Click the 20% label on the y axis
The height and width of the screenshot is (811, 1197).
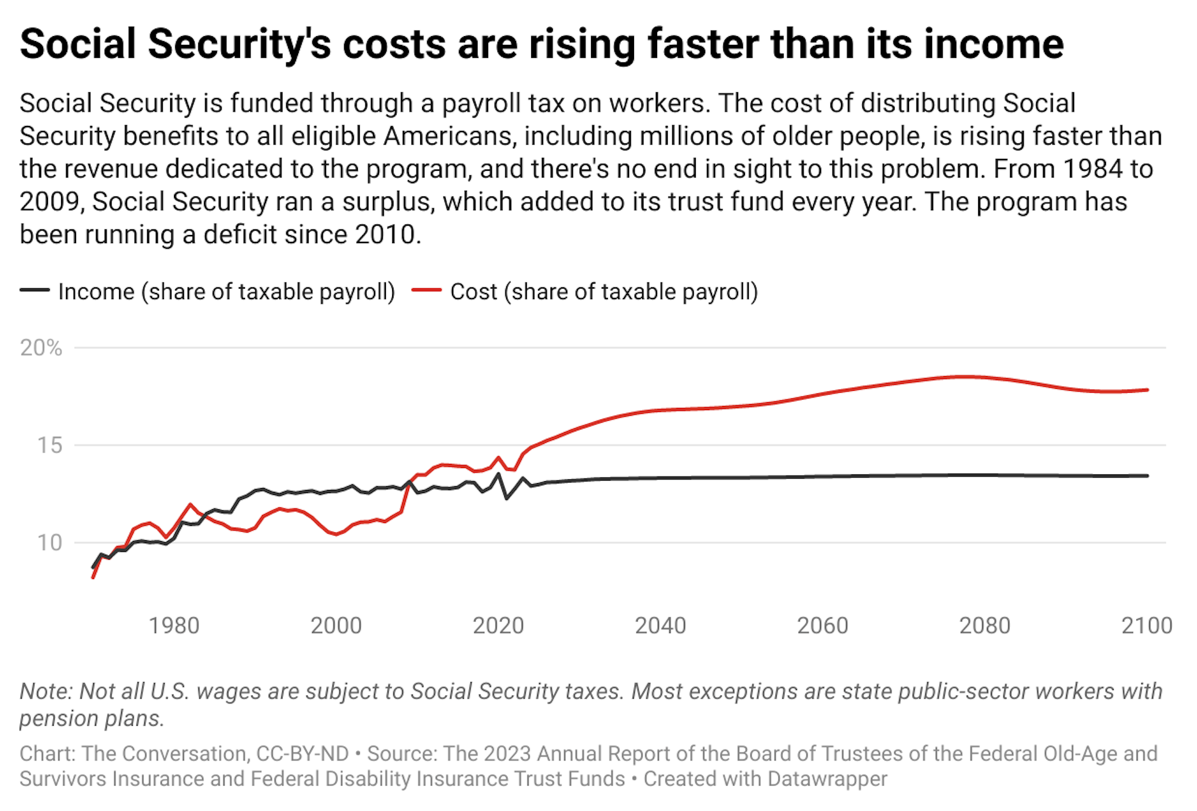(x=41, y=348)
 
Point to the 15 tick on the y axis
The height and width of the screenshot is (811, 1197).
(x=50, y=445)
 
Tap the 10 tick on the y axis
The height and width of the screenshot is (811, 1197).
(x=50, y=542)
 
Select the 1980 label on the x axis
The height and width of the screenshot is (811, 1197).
(x=174, y=625)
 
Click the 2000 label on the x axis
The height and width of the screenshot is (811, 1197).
(x=336, y=625)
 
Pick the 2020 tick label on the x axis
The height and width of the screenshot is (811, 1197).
(x=498, y=625)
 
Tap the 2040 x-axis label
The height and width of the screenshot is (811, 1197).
(x=660, y=625)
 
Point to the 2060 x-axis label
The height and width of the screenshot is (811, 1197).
(x=822, y=625)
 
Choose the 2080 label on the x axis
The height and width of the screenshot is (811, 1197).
(x=984, y=625)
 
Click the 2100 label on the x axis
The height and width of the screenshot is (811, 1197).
(x=1147, y=625)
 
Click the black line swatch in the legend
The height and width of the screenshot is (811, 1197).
(x=34, y=290)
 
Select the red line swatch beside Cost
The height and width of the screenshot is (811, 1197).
(x=426, y=290)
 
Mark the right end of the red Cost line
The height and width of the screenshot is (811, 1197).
(x=1147, y=390)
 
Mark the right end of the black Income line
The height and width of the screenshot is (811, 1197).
(x=1147, y=476)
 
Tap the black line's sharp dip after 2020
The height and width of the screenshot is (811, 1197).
(x=507, y=498)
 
